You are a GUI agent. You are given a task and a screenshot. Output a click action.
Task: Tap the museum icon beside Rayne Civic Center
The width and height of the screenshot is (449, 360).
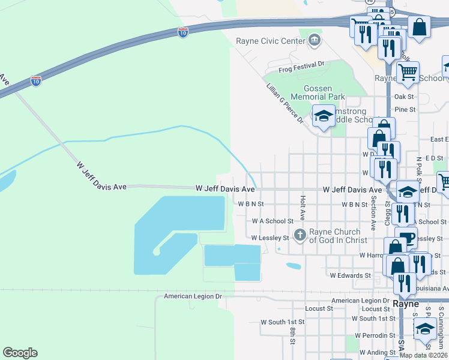(314, 41)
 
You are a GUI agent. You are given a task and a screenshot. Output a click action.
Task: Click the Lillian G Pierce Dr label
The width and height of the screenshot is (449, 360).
(285, 103)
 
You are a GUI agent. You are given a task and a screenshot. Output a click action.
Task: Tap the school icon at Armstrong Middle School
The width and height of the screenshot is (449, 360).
(324, 116)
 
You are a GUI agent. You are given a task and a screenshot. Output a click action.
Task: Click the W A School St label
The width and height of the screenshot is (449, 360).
(273, 221)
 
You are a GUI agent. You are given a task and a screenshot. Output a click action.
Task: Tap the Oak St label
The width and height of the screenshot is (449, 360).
(404, 97)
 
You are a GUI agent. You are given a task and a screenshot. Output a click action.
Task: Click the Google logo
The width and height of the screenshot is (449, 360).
(20, 353)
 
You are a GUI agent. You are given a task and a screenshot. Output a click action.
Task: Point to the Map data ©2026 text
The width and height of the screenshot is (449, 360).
(423, 355)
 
